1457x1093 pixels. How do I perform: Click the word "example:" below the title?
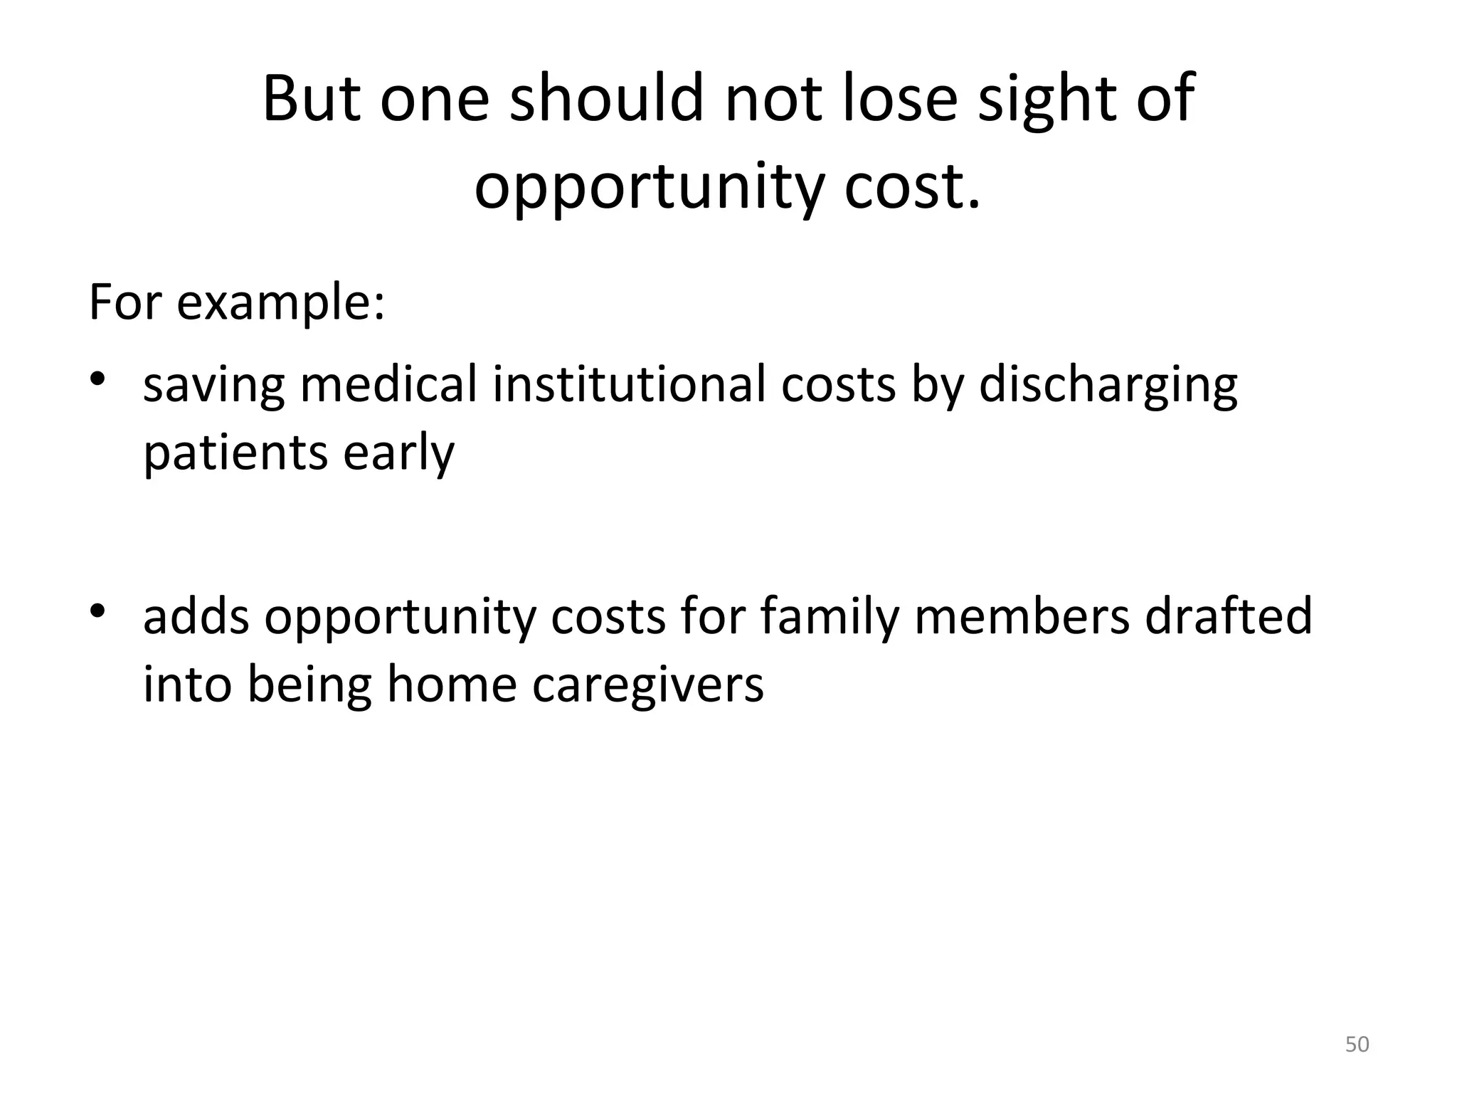(280, 302)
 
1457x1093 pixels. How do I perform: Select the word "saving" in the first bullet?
(214, 385)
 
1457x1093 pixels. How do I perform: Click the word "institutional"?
(629, 384)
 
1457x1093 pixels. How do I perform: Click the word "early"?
(398, 453)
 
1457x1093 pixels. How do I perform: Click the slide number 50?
(1357, 1044)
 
